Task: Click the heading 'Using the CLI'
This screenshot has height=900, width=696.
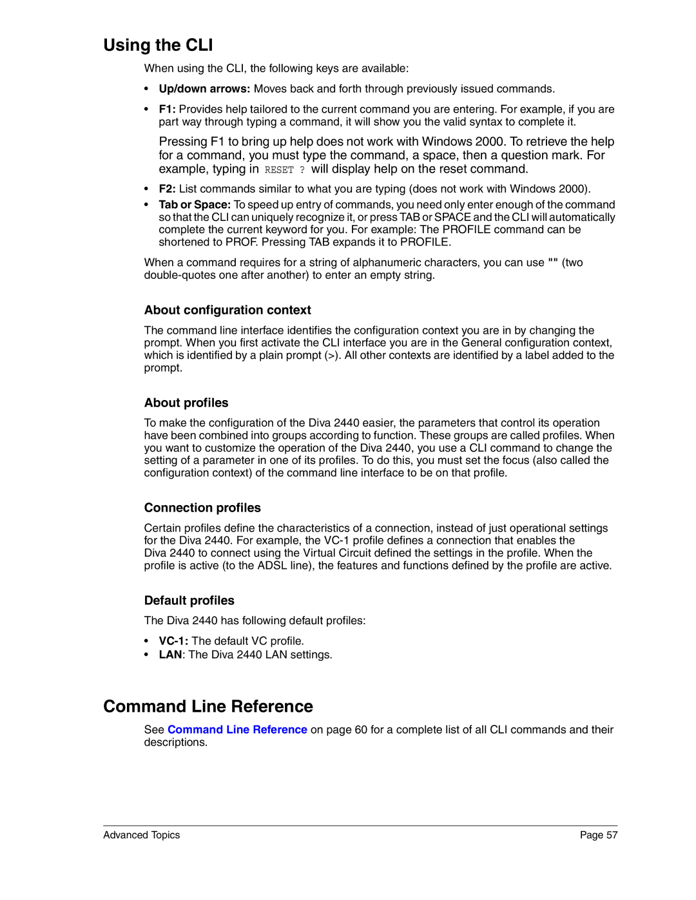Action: [x=158, y=45]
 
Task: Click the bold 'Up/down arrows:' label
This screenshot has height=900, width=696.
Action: [x=204, y=89]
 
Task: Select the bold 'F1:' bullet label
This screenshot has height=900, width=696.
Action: [x=168, y=110]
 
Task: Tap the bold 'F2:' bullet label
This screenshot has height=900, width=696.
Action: [x=168, y=189]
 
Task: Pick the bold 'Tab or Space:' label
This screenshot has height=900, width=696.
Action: [x=195, y=205]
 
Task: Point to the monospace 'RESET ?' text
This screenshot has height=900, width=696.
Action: [x=284, y=170]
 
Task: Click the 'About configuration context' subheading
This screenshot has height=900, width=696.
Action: [x=227, y=310]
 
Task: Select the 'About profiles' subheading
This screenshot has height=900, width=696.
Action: [x=186, y=403]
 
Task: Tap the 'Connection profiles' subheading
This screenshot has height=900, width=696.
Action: [x=202, y=508]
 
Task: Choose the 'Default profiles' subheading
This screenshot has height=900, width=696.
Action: [x=189, y=600]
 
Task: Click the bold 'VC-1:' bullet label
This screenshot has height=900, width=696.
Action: [x=173, y=641]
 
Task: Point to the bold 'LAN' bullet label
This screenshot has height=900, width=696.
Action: [x=170, y=655]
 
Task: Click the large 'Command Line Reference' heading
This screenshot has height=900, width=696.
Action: [x=208, y=707]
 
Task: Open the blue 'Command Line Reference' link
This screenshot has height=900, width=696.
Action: [x=237, y=730]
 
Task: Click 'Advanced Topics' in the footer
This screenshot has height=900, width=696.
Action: [x=141, y=835]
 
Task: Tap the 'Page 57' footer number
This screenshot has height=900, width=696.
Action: [x=598, y=835]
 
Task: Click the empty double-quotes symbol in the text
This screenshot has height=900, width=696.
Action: [x=553, y=262]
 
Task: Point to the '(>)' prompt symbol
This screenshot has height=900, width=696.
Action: [x=332, y=356]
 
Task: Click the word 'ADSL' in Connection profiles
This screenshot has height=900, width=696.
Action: [x=272, y=566]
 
